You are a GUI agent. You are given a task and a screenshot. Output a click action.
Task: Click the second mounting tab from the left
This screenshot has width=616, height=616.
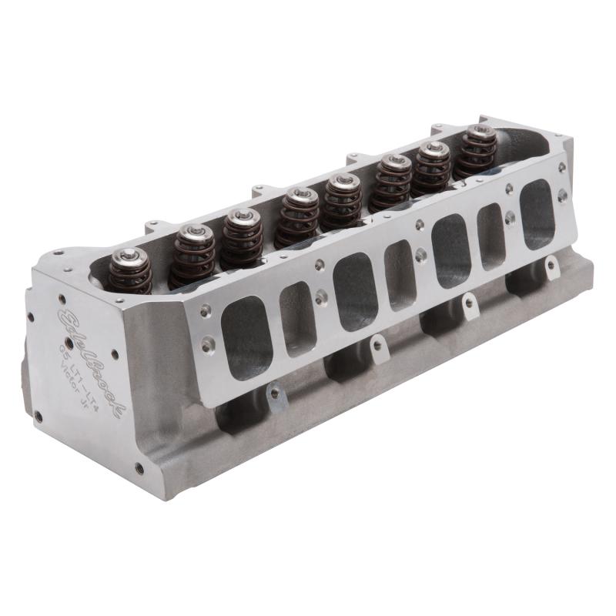coord(377,348)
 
